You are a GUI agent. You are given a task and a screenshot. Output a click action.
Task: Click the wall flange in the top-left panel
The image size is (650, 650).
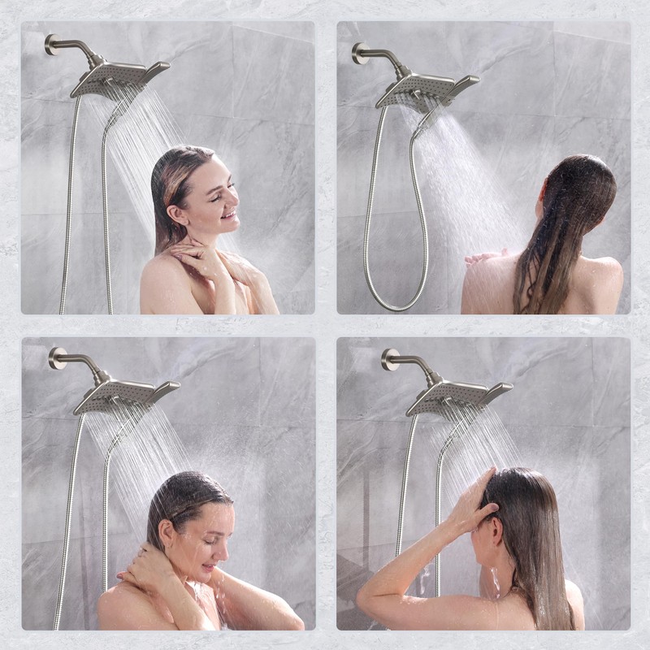pyautogui.click(x=51, y=44)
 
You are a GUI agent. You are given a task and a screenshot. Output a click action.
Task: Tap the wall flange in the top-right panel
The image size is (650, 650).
pyautogui.click(x=359, y=54)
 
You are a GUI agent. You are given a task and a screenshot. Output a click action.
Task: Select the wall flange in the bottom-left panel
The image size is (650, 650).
pyautogui.click(x=57, y=357)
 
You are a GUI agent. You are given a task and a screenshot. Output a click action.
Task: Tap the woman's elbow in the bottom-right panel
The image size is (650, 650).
pyautogui.click(x=367, y=598)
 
